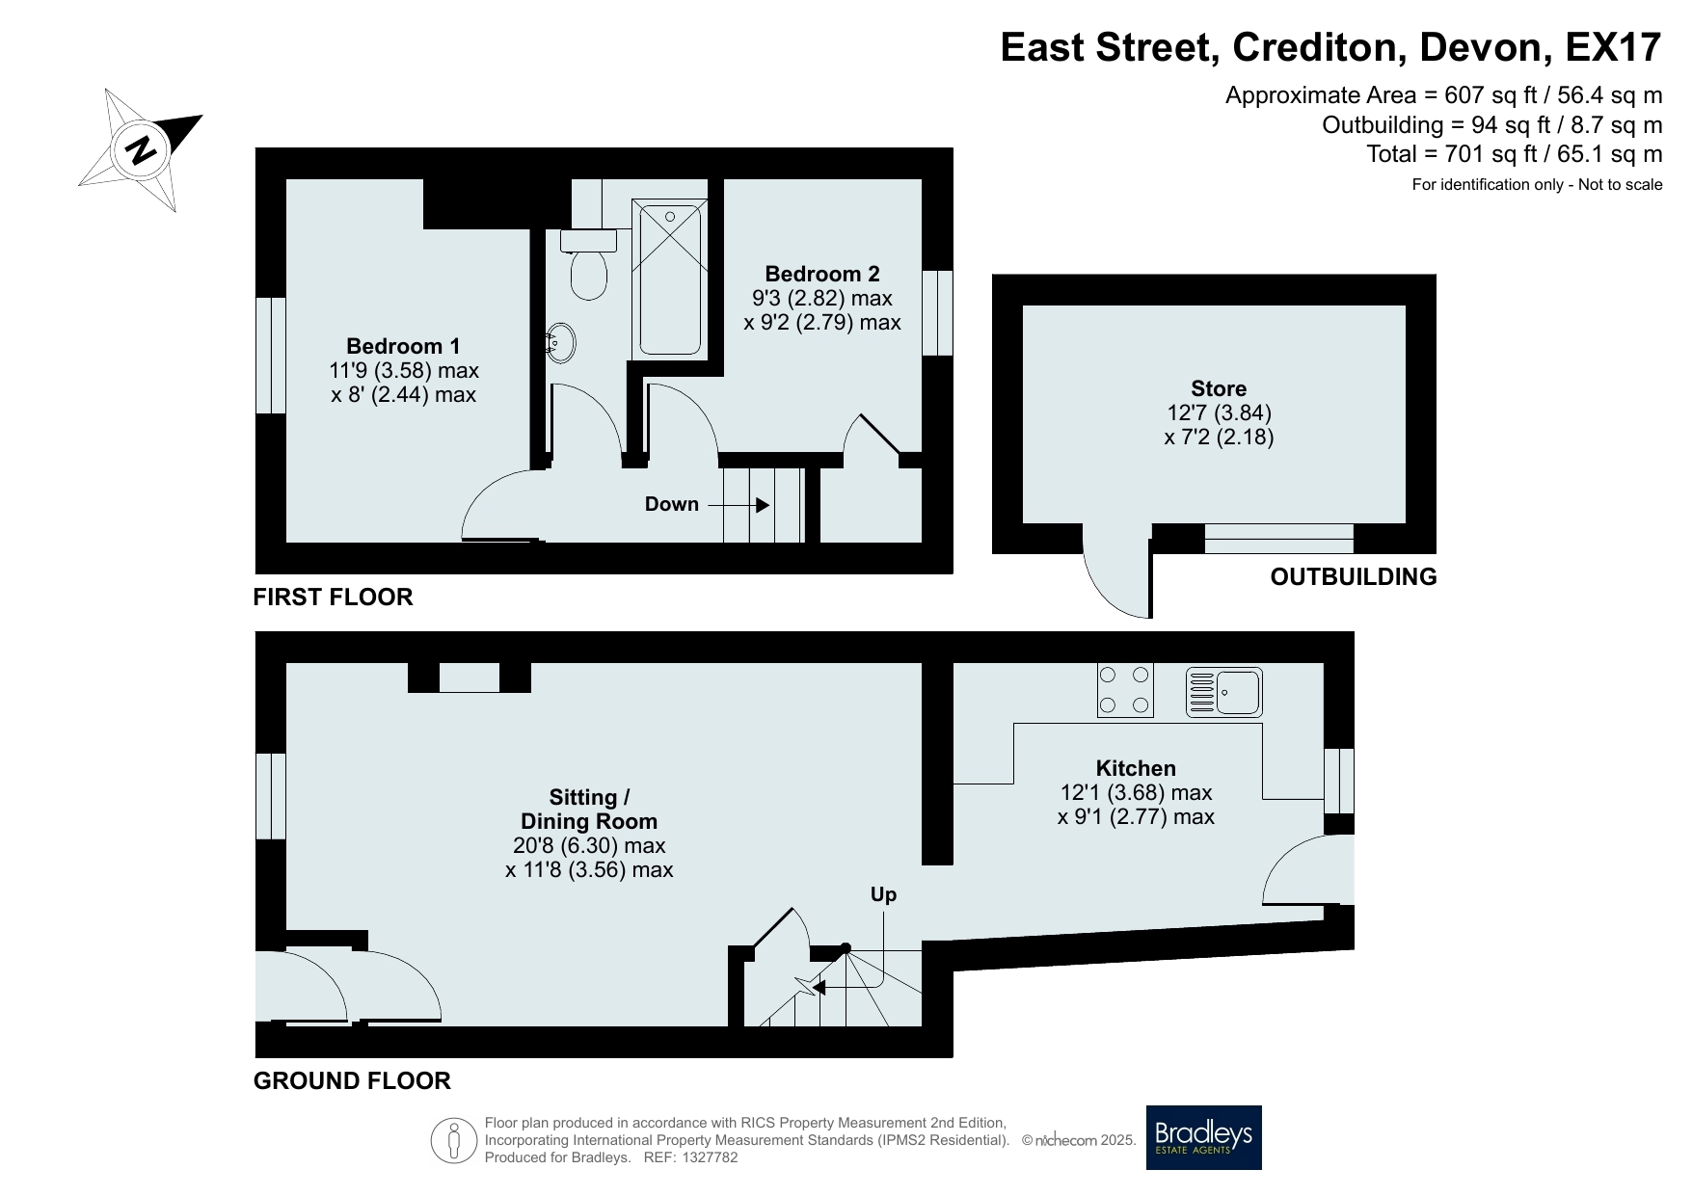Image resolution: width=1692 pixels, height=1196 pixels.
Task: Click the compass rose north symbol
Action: click(141, 150)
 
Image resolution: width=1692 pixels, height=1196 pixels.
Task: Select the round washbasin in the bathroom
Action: click(561, 340)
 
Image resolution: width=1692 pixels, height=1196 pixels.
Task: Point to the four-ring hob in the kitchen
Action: click(1125, 690)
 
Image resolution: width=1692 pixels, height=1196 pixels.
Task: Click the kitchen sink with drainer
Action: click(1223, 692)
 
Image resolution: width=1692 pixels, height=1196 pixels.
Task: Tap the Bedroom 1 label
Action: click(403, 346)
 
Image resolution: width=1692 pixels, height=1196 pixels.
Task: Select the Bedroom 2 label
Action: click(822, 274)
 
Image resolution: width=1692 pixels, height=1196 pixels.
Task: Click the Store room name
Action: click(1219, 388)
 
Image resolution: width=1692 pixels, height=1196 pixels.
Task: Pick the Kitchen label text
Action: click(1136, 768)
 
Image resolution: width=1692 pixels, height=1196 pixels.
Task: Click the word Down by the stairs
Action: click(672, 504)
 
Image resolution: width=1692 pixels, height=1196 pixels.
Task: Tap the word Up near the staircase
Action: click(883, 894)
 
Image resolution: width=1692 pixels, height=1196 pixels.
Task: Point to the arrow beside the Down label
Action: click(739, 505)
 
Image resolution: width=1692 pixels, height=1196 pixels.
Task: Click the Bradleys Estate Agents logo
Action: click(1203, 1137)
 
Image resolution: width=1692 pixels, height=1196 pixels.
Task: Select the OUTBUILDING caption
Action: click(1354, 576)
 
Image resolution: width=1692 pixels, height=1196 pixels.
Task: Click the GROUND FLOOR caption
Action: click(352, 1080)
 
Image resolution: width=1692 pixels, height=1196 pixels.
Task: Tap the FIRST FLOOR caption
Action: click(333, 597)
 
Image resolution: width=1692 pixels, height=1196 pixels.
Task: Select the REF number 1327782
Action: click(709, 1157)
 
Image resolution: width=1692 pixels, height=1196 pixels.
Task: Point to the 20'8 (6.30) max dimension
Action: click(589, 845)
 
